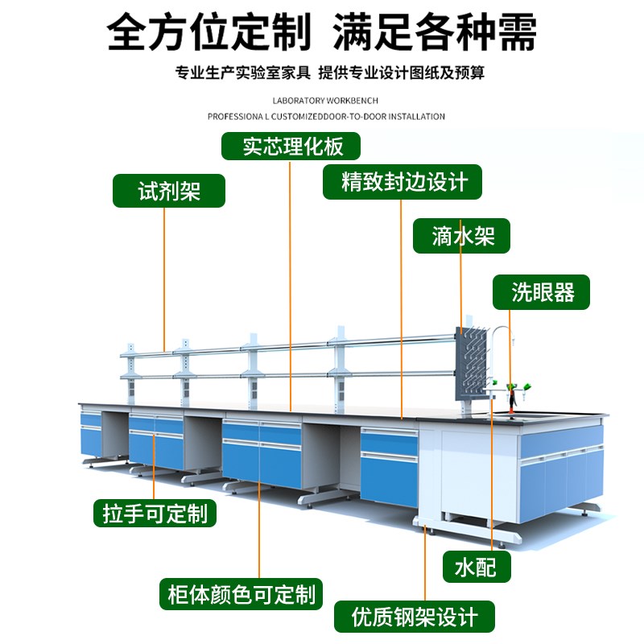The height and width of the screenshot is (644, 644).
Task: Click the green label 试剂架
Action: pyautogui.click(x=168, y=192)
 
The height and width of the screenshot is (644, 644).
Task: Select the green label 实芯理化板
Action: pyautogui.click(x=291, y=146)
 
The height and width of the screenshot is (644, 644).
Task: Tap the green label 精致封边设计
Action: pyautogui.click(x=403, y=182)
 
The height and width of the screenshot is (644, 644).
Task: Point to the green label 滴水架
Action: pyautogui.click(x=461, y=236)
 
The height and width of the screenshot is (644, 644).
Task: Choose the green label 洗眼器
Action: pyautogui.click(x=543, y=292)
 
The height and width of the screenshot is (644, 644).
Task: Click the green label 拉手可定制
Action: pyautogui.click(x=155, y=513)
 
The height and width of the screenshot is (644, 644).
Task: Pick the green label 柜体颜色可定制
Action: pyautogui.click(x=241, y=595)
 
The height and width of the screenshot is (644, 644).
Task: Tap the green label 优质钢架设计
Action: pyautogui.click(x=415, y=617)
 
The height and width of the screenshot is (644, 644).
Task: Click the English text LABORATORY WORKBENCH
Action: pyautogui.click(x=326, y=101)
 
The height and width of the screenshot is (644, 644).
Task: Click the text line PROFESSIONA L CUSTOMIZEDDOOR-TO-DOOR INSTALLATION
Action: pyautogui.click(x=326, y=117)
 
